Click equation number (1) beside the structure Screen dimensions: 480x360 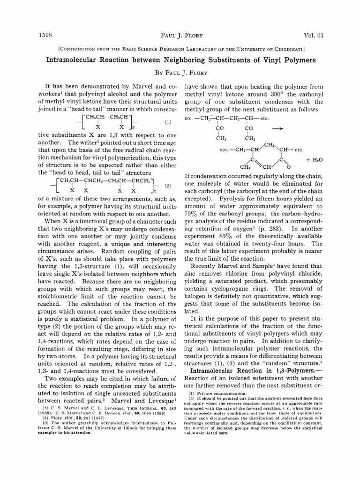(167, 122)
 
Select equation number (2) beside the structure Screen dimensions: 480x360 (167, 186)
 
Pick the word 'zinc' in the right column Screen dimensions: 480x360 (194, 273)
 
